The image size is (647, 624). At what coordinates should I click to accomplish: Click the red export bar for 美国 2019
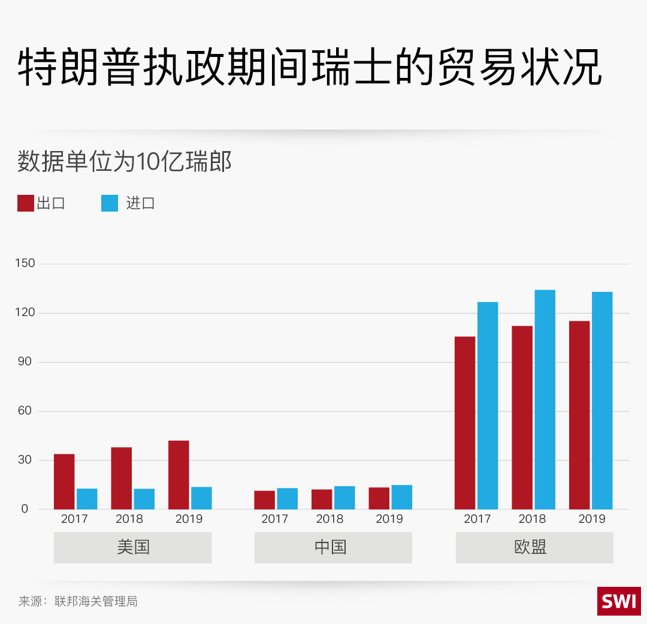tap(179, 475)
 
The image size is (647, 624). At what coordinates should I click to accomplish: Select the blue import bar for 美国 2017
tap(87, 499)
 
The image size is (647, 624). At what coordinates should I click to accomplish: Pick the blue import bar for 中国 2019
tap(402, 497)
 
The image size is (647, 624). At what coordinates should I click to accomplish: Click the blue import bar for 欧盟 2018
tap(545, 399)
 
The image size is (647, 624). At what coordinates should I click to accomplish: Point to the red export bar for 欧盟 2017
tap(465, 423)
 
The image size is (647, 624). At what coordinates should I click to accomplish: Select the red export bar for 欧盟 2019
tap(579, 415)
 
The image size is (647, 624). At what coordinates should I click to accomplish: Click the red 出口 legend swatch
tap(26, 203)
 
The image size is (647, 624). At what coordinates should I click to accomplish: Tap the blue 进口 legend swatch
tap(110, 203)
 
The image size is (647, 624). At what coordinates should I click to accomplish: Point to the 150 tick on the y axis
tap(28, 263)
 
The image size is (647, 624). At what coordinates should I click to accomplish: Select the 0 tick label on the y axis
tap(25, 509)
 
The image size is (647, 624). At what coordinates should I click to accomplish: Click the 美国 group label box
tap(132, 547)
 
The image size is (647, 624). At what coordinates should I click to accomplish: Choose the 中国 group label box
tap(333, 547)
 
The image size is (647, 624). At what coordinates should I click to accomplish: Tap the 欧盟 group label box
tap(534, 547)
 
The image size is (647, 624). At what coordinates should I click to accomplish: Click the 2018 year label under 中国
tap(329, 519)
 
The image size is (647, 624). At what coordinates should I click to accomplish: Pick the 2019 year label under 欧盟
tap(592, 519)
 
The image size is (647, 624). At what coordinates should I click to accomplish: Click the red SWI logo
tap(619, 601)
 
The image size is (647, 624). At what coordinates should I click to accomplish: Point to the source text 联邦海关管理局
tap(96, 601)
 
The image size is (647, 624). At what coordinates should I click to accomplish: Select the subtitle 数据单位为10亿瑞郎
tap(125, 162)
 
